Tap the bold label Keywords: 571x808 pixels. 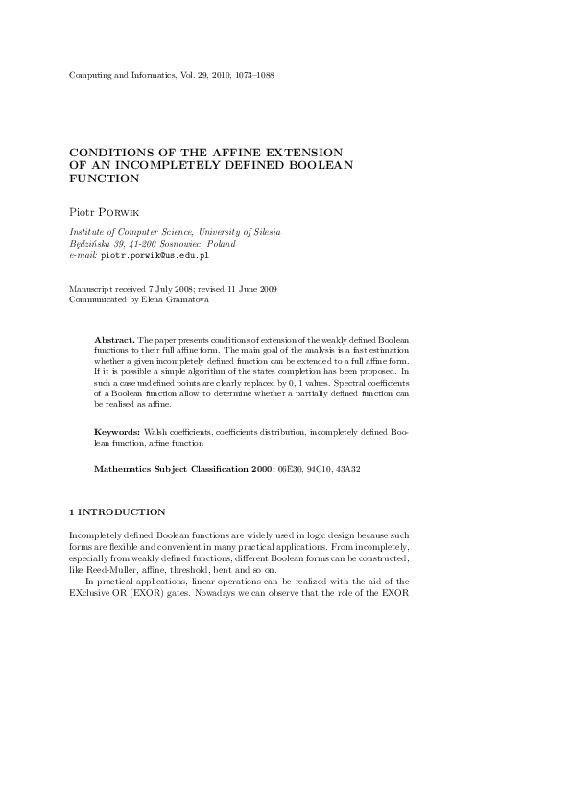pyautogui.click(x=119, y=434)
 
